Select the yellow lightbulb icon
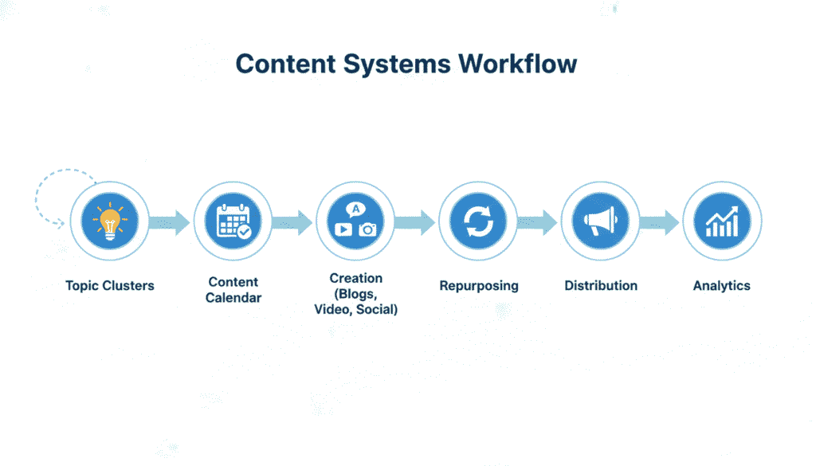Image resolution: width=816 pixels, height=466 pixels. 109,221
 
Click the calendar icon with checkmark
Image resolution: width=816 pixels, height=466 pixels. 233,221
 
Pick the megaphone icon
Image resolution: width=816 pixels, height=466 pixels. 600,221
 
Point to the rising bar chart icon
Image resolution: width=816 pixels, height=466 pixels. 722,221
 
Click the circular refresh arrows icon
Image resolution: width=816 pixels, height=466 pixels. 478,221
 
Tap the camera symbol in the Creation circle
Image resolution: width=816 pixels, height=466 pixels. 367,229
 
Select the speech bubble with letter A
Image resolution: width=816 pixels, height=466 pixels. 355,210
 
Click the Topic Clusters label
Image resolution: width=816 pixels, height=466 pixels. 110,285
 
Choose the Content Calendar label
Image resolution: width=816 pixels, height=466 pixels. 233,290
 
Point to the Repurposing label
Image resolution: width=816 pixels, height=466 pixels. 478,285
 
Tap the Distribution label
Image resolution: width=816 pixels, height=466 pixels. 600,285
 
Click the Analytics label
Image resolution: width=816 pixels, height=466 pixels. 722,285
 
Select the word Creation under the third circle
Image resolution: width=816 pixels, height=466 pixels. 355,278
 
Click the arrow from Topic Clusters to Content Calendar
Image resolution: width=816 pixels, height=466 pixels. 170,222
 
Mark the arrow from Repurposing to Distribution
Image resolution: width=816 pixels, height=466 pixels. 538,222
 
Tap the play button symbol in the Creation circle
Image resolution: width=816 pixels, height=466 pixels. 343,229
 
